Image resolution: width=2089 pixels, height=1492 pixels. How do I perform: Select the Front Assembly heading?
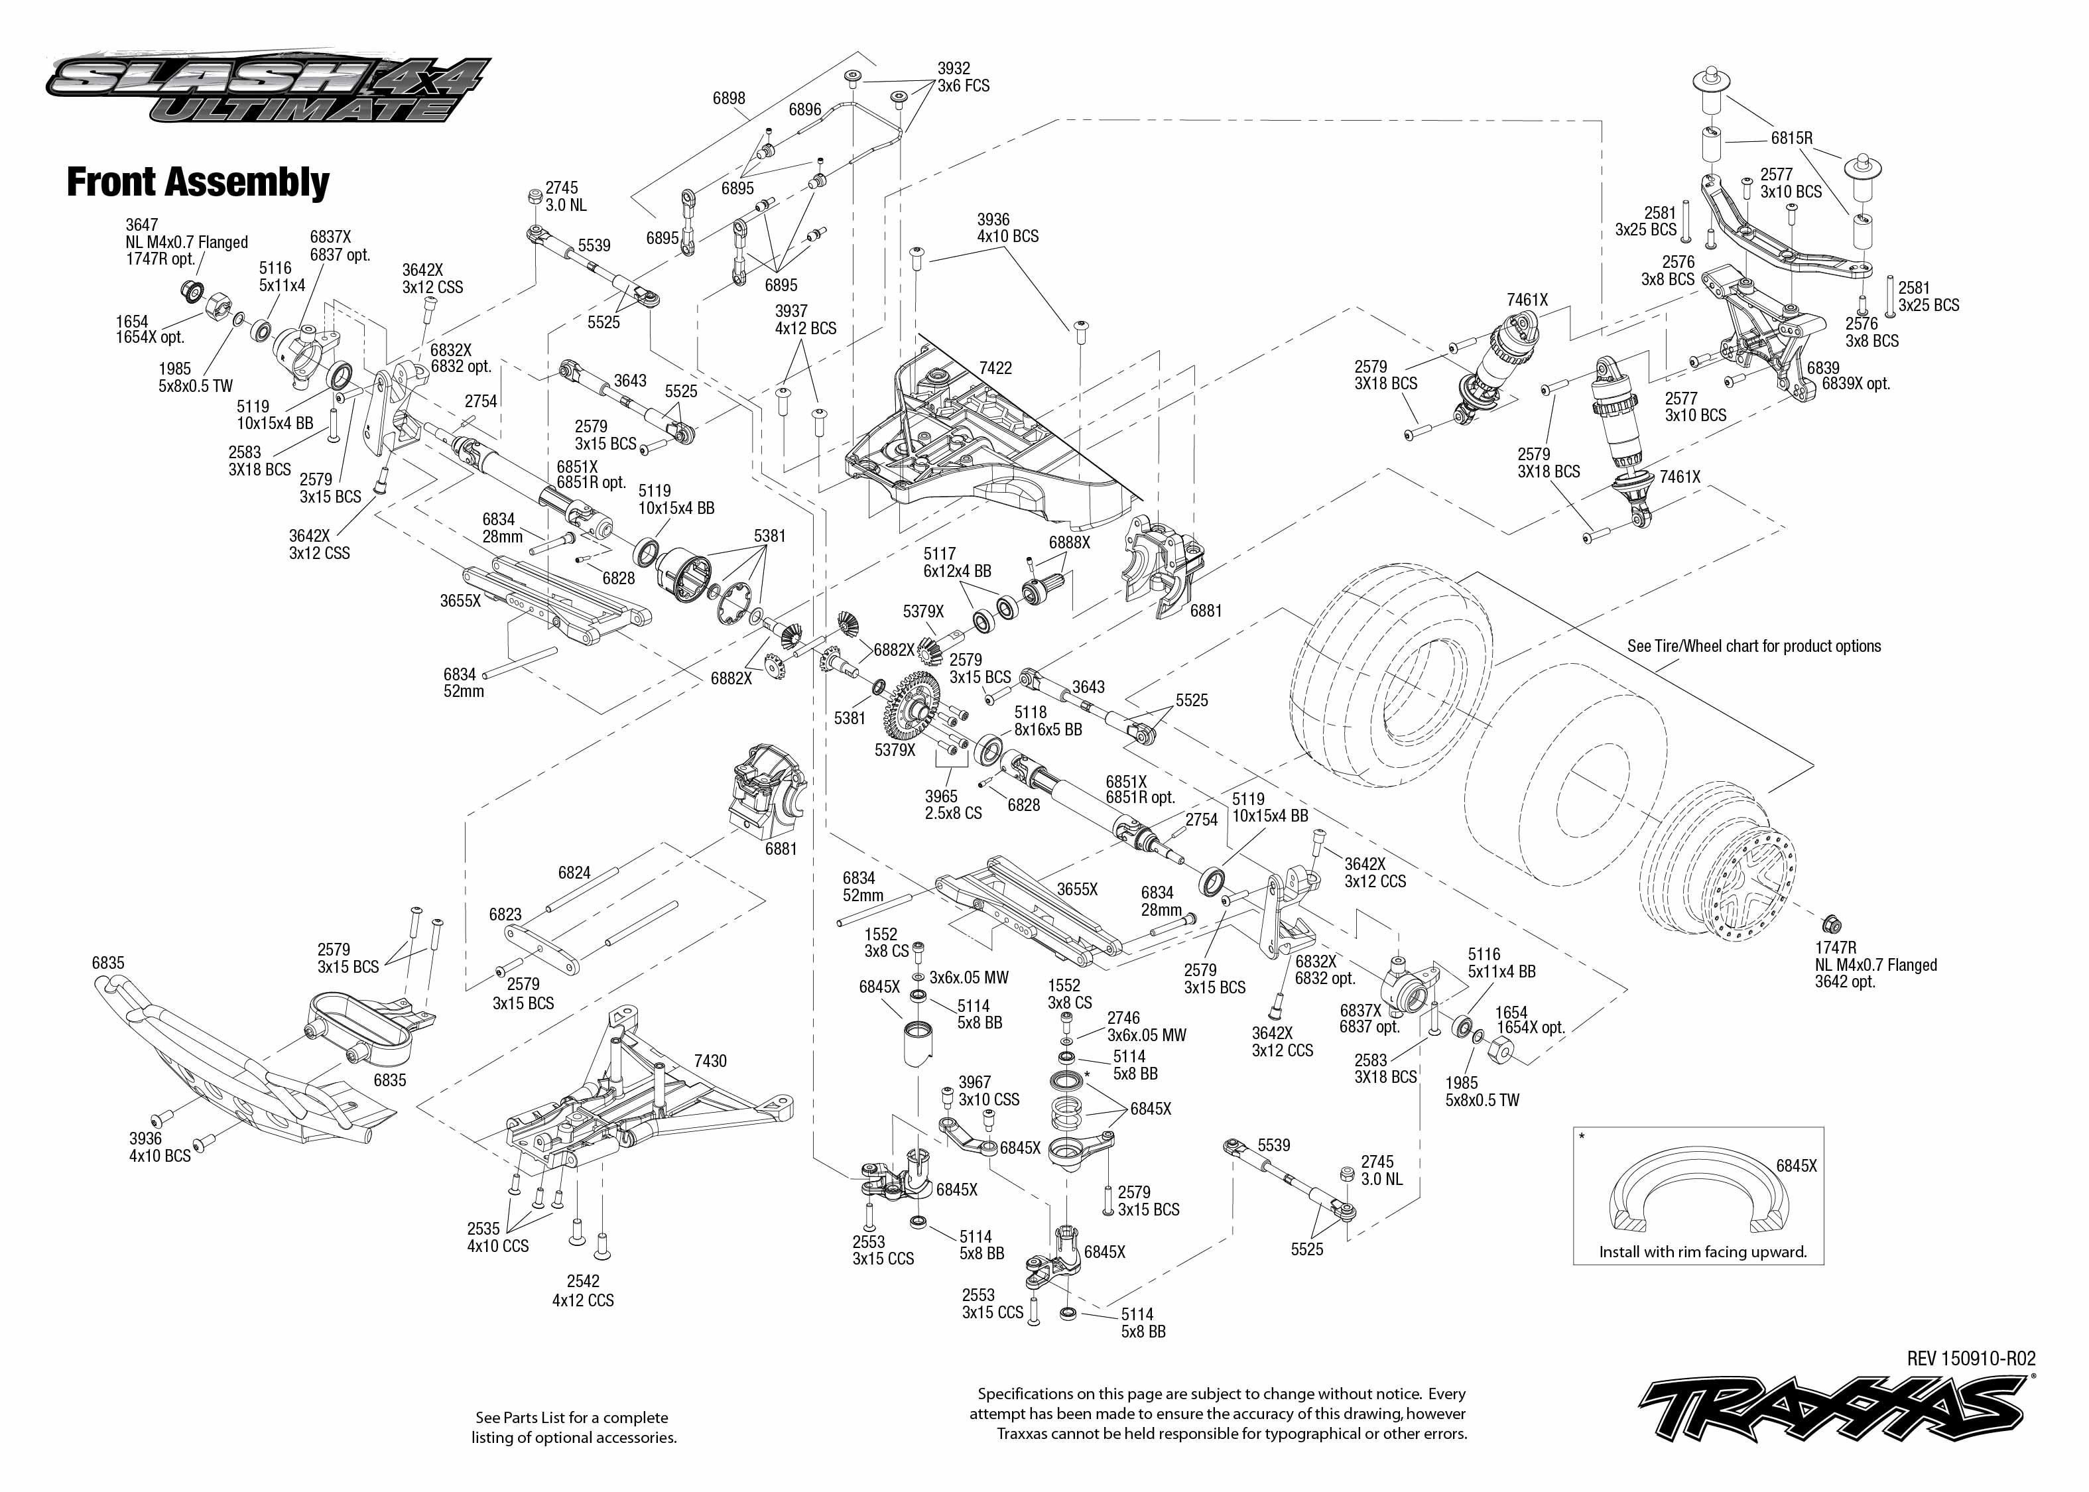[198, 182]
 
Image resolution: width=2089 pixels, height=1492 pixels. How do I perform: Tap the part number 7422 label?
[995, 367]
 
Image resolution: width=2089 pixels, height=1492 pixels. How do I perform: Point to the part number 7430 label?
[710, 1061]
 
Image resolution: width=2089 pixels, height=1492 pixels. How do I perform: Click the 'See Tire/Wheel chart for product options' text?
[1753, 646]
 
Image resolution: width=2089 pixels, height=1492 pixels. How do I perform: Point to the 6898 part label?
[729, 98]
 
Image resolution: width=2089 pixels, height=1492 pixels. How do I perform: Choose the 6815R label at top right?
[1791, 139]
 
